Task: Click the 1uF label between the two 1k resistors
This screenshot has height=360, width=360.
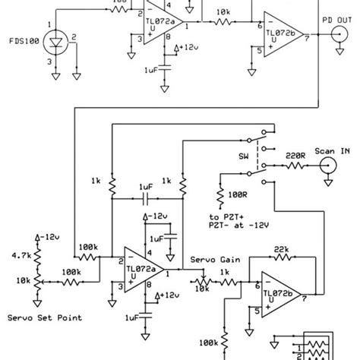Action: tap(147, 185)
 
